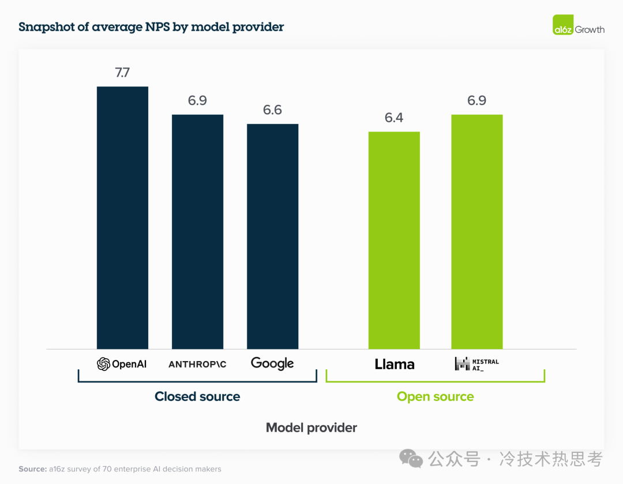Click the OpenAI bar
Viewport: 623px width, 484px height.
(122, 217)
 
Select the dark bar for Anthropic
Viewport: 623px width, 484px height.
(197, 231)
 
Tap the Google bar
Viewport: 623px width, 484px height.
(272, 236)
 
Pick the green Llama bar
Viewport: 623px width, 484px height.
(394, 240)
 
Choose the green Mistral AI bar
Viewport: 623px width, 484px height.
(476, 231)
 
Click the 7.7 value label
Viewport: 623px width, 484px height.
(122, 73)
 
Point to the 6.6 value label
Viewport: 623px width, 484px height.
(272, 110)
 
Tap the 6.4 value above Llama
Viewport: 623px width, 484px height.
(394, 118)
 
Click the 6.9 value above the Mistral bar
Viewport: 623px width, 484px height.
(476, 101)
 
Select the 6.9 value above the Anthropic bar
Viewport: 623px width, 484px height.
(197, 101)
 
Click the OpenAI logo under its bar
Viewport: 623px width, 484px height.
(122, 364)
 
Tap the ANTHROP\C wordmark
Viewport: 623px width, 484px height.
(197, 365)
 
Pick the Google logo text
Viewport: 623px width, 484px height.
(272, 363)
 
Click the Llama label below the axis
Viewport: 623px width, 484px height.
(395, 364)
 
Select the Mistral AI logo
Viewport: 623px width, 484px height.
(476, 363)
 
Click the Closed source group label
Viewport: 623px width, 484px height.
(197, 397)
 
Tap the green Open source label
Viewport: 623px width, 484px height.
(436, 397)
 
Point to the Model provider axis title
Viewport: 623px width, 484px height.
(311, 428)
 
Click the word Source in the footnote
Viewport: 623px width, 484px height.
(32, 469)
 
